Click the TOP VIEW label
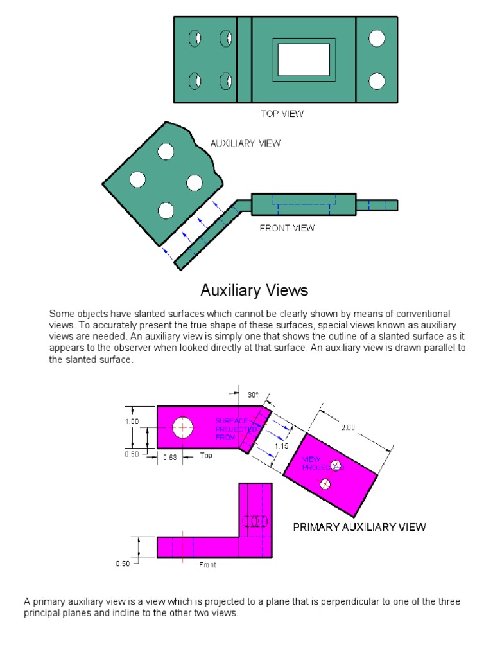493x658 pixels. tap(282, 114)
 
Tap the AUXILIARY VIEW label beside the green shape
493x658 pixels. tap(245, 143)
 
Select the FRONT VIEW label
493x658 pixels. tap(287, 227)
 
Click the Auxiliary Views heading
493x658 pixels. tap(254, 290)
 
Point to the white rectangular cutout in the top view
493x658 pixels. tap(304, 59)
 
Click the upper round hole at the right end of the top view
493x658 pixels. tap(377, 39)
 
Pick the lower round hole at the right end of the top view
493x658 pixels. tap(377, 81)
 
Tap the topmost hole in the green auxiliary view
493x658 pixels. tap(166, 152)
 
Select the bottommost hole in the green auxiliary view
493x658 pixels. tap(166, 210)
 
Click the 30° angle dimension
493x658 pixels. tap(253, 395)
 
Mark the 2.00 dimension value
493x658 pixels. tap(347, 427)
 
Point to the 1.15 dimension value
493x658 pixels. tap(281, 445)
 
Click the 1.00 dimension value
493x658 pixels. tap(132, 422)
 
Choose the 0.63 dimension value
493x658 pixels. tap(169, 457)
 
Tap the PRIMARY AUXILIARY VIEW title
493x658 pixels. tap(359, 527)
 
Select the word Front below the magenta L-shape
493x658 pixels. tap(207, 565)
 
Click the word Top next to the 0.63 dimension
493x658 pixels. tap(205, 456)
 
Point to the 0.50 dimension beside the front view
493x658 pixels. tap(123, 564)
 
